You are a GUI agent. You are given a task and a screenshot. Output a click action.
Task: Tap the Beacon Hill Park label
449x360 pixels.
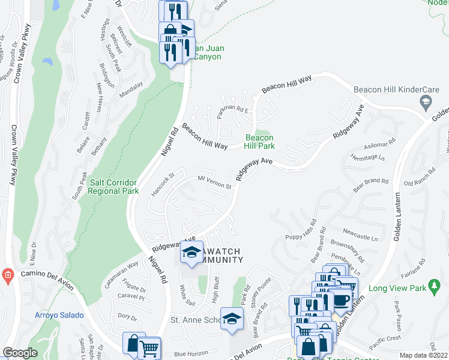pos(259,142)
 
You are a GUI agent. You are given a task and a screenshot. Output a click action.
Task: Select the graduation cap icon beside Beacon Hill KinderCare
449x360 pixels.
pos(426,103)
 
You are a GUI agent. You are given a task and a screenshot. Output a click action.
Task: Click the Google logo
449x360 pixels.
pos(20,353)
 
